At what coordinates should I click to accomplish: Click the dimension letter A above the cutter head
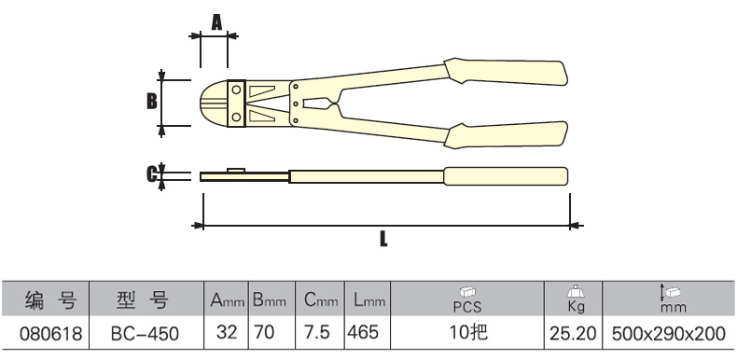point(216,21)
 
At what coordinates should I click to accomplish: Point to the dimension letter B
point(151,101)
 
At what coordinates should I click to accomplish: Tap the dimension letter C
point(151,174)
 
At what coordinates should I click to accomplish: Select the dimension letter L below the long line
point(383,239)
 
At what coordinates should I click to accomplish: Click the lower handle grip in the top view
point(506,135)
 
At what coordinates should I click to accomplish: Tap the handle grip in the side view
point(506,175)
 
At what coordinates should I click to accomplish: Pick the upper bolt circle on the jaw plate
point(236,90)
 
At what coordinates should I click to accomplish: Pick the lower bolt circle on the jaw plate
point(236,117)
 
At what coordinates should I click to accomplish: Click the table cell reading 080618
point(50,333)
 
